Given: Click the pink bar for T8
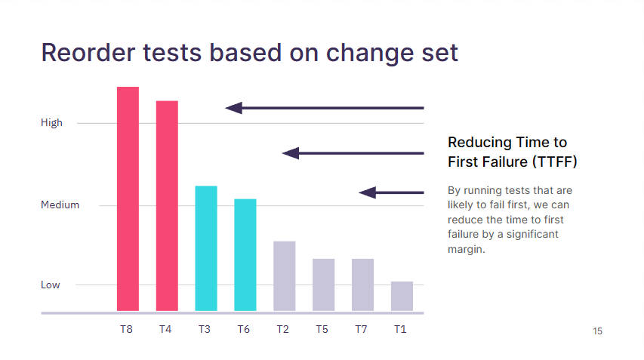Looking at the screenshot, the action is coord(128,198).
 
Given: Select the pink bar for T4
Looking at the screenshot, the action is coord(167,205).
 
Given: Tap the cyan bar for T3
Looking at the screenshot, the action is coord(206,248).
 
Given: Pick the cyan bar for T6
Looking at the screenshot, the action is coord(245,255).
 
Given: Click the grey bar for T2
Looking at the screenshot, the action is coord(284,276).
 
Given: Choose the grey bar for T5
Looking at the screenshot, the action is coord(324,285).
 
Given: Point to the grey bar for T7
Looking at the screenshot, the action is coord(362,285).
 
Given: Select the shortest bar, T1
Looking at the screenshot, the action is coord(402,296).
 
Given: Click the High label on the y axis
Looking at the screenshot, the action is coord(52,123).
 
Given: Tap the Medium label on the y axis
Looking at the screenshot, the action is coord(60,205).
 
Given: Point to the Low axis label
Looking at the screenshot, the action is coord(50,285).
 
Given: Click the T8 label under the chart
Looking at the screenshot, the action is coord(127,329).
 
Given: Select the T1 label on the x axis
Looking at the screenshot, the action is coord(400,329).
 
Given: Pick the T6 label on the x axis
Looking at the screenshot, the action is coord(244,329).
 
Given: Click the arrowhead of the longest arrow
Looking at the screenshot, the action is coord(234,108).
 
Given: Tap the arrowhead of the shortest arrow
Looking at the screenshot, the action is coord(368,192).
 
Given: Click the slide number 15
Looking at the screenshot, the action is coord(598,331).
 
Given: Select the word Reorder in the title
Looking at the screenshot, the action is coord(88,53).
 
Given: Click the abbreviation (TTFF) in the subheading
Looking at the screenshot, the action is coord(555,162).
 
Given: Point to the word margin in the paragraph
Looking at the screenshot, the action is coord(466,249).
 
